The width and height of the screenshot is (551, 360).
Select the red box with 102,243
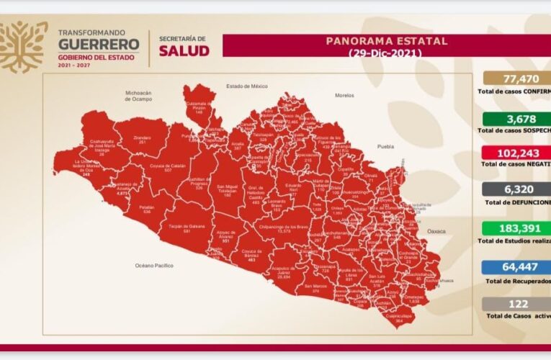click(513, 153)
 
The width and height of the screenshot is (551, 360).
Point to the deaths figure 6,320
click(513, 191)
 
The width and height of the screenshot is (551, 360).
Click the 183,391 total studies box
click(513, 228)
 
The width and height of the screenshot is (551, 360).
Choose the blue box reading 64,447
click(513, 266)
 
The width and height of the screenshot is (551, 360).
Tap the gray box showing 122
click(513, 304)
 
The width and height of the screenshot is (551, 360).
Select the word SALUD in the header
click(184, 51)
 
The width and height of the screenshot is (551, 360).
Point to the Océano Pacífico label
click(155, 266)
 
